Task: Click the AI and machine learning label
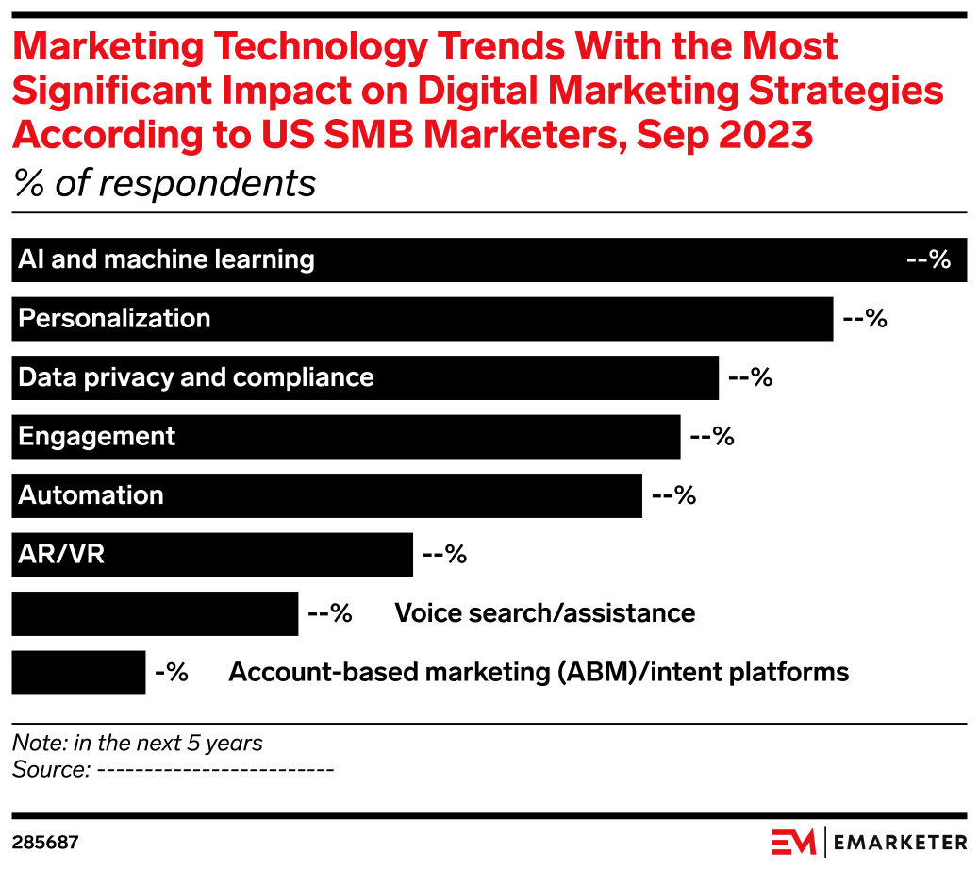point(166,259)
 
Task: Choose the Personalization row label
point(114,318)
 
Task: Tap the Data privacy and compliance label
point(196,377)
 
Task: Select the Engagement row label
point(96,436)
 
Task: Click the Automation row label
point(91,495)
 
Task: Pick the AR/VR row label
point(61,554)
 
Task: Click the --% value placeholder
point(928,259)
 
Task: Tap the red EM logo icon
point(793,842)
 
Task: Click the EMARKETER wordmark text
point(901,842)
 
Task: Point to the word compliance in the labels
point(303,377)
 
